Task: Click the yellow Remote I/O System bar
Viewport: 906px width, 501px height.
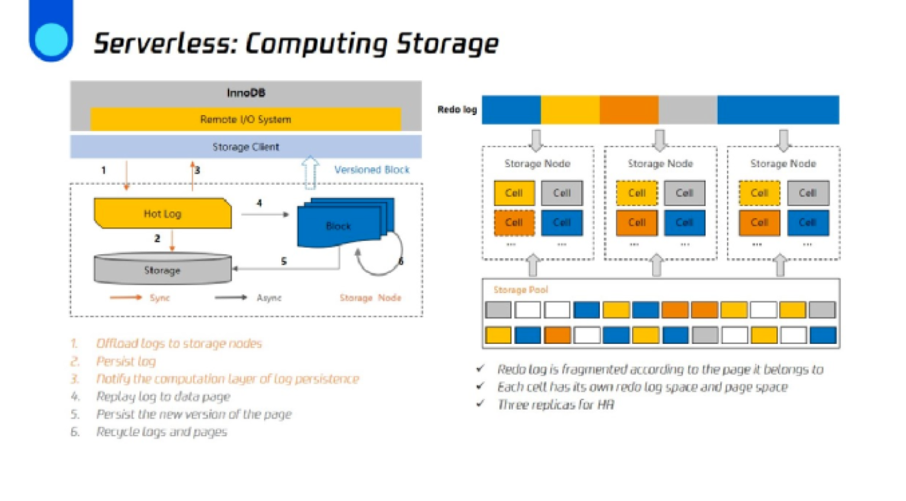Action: [245, 119]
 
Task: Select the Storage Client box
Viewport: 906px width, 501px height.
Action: [245, 147]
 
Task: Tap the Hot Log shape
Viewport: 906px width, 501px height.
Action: [163, 214]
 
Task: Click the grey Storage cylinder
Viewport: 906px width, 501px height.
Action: [163, 270]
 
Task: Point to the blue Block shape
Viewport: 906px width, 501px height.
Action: [339, 226]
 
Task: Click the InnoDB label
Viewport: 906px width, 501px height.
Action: [246, 93]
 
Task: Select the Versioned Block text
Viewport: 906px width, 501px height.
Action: [371, 170]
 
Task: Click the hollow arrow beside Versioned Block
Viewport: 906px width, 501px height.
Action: [310, 172]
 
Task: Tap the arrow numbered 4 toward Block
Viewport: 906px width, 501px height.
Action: [265, 214]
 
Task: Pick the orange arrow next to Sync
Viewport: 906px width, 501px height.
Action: [125, 298]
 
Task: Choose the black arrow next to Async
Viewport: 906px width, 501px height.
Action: [231, 298]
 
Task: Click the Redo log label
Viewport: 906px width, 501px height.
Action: [457, 109]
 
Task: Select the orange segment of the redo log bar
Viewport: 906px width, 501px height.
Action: [629, 110]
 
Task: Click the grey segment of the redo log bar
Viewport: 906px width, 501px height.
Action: [687, 110]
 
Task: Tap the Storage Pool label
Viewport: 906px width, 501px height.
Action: [520, 290]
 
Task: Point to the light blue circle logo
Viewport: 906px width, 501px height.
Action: [51, 40]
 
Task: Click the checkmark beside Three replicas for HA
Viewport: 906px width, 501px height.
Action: [480, 404]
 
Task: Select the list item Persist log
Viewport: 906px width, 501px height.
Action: [126, 361]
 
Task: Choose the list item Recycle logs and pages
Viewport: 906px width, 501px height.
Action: [161, 432]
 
